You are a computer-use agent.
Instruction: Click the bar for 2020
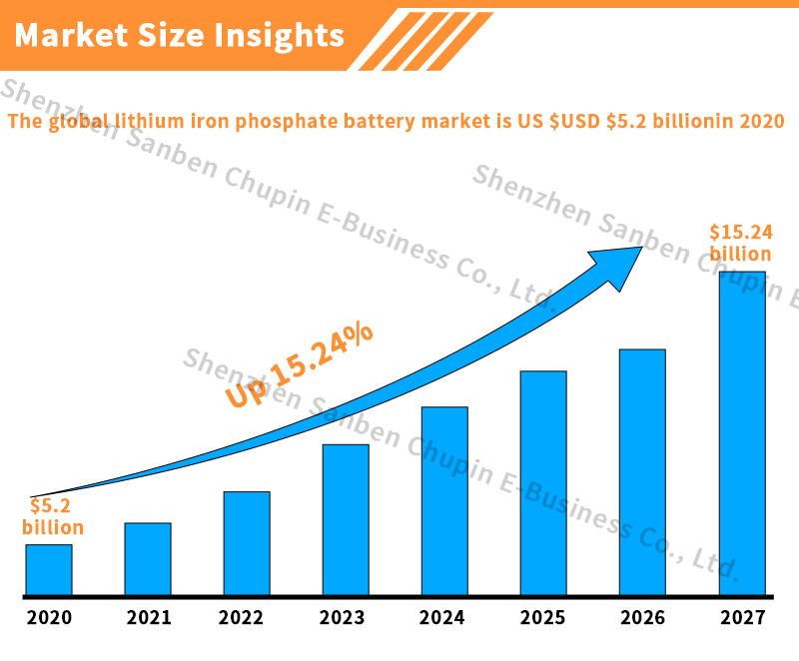point(49,569)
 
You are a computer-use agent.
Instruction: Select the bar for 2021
point(148,559)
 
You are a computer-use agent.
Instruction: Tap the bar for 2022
point(247,543)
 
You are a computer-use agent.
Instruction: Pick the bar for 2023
point(346,519)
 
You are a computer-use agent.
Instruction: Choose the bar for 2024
point(444,500)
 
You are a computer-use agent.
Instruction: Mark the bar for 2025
point(543,483)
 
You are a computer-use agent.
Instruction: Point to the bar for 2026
point(642,472)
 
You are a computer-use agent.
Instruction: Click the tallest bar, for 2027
point(742,433)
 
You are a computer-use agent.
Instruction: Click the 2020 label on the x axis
point(49,618)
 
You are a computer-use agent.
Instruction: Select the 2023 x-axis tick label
point(344,618)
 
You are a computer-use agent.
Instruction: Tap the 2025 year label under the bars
point(542,618)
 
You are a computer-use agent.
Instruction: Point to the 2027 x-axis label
point(742,618)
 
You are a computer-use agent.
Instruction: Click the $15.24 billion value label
point(741,243)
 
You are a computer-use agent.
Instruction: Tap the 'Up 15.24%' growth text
point(299,365)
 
